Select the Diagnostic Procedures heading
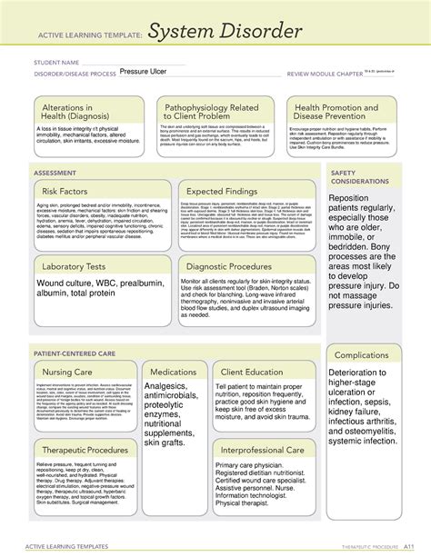(x=236, y=267)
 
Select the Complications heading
(x=362, y=355)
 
